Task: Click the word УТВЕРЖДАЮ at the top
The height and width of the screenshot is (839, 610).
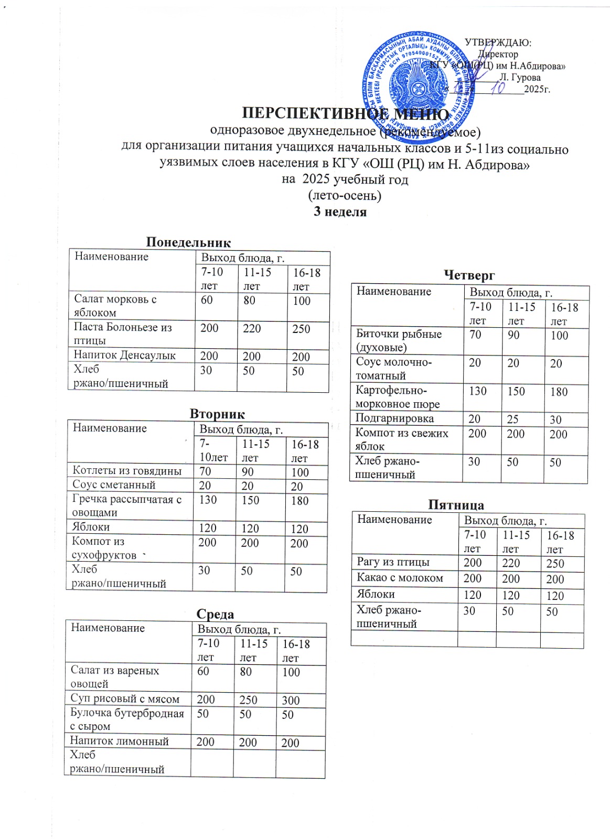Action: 498,42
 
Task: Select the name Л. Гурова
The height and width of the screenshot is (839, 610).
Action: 520,77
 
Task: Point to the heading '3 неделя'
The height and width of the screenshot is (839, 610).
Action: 340,212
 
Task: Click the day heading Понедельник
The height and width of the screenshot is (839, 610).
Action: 188,242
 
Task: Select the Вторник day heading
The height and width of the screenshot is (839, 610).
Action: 217,414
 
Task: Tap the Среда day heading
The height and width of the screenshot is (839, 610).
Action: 215,614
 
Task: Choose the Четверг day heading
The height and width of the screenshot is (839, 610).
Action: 469,275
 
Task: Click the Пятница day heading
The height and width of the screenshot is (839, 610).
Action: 456,504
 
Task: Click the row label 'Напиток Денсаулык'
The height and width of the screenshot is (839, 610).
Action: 125,355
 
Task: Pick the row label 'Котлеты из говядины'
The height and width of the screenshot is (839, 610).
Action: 127,470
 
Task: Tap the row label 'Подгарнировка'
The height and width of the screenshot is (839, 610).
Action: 394,418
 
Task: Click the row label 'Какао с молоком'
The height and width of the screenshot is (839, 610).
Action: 400,577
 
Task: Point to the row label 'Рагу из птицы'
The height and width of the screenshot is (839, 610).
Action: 393,562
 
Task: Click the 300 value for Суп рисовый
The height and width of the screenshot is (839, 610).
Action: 291,700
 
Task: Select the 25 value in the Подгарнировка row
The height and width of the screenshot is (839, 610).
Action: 512,419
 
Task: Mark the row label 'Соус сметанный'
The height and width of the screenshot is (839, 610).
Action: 114,485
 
